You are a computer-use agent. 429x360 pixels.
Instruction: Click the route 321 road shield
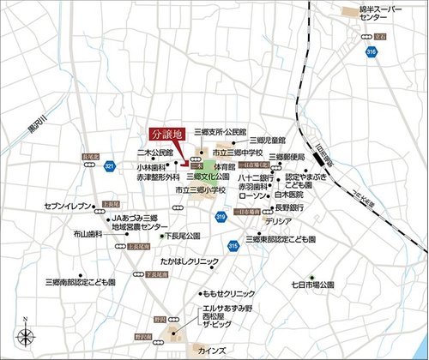click(109, 165)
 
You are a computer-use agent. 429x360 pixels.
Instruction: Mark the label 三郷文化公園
click(206, 177)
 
